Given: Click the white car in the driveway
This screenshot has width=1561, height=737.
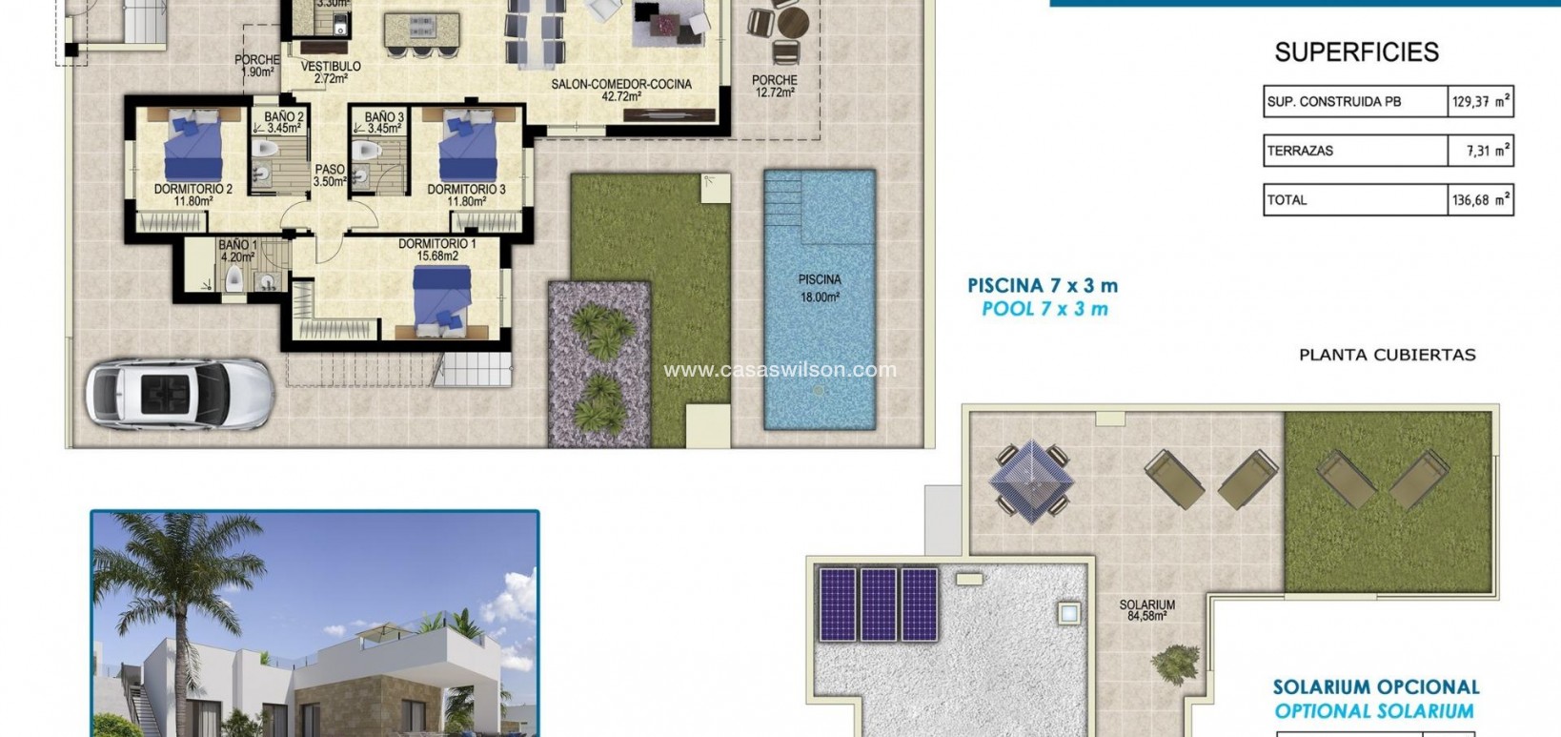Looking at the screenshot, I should click(x=179, y=392).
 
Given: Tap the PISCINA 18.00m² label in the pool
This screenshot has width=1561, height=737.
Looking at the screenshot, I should click(x=820, y=288).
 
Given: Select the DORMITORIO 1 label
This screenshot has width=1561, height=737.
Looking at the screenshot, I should click(x=436, y=250).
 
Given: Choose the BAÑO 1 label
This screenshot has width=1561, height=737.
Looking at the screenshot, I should click(x=237, y=251).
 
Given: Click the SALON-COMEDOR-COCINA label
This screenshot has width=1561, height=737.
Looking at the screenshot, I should click(x=621, y=90).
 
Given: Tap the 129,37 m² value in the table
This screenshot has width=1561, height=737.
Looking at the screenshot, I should click(x=1480, y=101).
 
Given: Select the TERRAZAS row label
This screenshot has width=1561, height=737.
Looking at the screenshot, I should click(x=1300, y=151).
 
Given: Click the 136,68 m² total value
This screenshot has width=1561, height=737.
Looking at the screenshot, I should click(x=1480, y=200).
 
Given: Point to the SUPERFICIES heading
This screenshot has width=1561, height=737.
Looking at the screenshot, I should click(x=1356, y=52).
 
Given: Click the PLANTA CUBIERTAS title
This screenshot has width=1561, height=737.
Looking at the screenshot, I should click(x=1387, y=355).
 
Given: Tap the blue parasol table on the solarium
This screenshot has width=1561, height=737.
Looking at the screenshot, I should click(x=1031, y=480).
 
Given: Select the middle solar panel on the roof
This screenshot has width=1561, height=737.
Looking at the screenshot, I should click(x=878, y=604).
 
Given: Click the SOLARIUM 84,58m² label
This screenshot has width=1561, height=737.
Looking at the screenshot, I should click(x=1146, y=610).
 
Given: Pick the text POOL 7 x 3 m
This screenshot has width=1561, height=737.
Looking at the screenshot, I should click(x=1044, y=309).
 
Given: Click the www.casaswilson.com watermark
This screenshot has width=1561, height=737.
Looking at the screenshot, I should click(x=780, y=370).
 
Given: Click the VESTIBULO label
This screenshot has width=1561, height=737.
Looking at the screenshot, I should click(x=331, y=72).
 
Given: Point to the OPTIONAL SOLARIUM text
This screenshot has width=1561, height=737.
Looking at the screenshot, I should click(x=1374, y=711).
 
